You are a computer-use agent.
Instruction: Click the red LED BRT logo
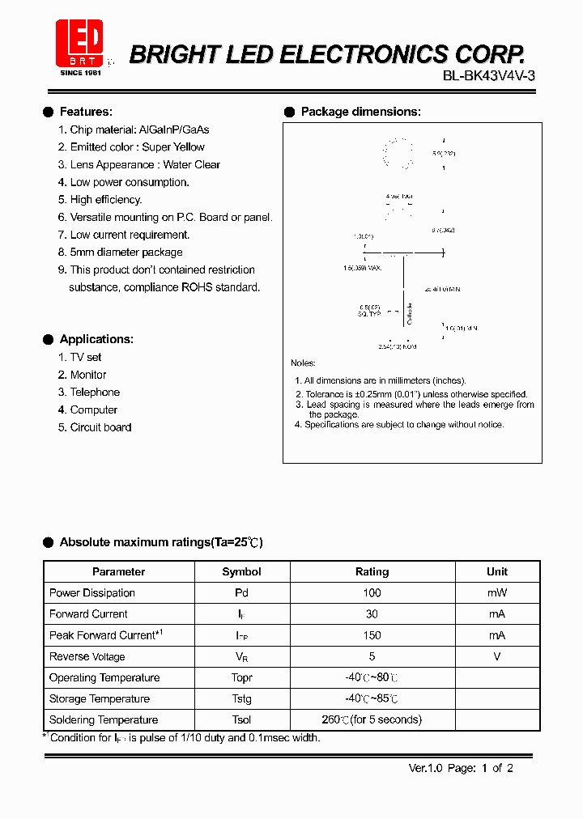(x=79, y=43)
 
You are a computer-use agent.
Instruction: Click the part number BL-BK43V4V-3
(x=488, y=75)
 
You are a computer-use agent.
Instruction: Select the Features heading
(x=86, y=112)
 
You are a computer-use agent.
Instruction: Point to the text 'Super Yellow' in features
(x=173, y=147)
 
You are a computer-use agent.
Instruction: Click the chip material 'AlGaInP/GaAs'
(x=174, y=129)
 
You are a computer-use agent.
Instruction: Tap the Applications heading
(x=96, y=339)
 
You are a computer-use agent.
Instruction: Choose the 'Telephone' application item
(x=95, y=393)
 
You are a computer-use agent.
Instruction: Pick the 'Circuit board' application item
(x=100, y=427)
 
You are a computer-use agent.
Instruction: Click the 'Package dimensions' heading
(x=360, y=112)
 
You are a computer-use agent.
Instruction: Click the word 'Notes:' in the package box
(x=303, y=363)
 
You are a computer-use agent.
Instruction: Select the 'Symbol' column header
(x=241, y=571)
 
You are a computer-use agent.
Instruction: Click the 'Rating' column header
(x=372, y=571)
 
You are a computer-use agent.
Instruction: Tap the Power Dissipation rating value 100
(x=372, y=593)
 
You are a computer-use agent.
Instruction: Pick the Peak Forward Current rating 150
(x=372, y=635)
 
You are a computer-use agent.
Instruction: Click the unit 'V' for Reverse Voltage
(x=496, y=656)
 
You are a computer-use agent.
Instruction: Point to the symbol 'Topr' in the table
(x=241, y=678)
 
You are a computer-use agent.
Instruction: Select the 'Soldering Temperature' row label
(x=104, y=720)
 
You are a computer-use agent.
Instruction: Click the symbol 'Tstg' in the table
(x=241, y=699)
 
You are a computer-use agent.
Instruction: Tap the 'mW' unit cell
(x=496, y=593)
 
